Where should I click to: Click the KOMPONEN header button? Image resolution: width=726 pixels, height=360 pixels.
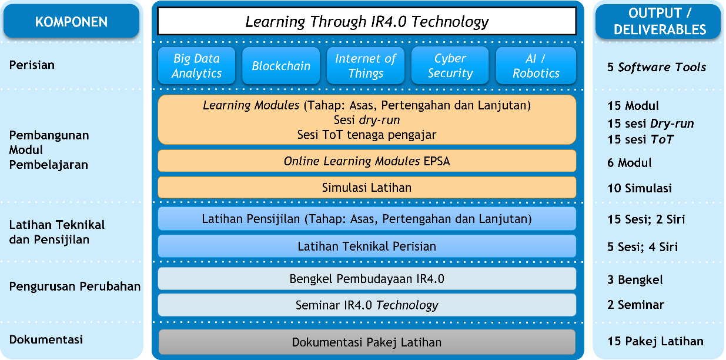[x=71, y=21]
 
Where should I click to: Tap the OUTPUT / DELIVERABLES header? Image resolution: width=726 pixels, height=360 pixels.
[x=658, y=21]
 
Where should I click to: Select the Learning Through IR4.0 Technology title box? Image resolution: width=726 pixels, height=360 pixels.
[x=367, y=21]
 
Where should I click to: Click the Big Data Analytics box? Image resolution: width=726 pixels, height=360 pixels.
[x=196, y=66]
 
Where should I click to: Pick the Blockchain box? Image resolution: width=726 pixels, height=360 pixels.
[x=281, y=66]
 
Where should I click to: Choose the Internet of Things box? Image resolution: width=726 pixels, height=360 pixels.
[x=366, y=66]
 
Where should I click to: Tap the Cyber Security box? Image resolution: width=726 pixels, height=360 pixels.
[x=450, y=66]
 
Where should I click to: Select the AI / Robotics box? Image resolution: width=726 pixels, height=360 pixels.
[x=536, y=66]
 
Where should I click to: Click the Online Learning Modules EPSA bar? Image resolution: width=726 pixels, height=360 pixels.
[x=367, y=161]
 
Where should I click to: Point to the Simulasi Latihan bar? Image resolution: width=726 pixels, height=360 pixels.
[x=367, y=188]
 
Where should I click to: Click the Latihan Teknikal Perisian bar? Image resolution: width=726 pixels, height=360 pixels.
[x=367, y=246]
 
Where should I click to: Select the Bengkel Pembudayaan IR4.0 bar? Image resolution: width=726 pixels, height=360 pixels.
[x=367, y=279]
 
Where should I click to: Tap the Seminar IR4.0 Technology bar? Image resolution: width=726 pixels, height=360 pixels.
[x=367, y=305]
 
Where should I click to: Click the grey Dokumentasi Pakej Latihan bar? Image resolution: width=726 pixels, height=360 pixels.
[x=367, y=342]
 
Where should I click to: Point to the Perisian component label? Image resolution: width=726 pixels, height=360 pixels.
[x=32, y=65]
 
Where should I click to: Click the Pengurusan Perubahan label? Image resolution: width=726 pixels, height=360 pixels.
[x=75, y=286]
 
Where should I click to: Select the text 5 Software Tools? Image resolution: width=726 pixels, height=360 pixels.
[x=657, y=68]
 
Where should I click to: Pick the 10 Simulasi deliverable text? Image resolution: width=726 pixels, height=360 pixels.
[x=640, y=188]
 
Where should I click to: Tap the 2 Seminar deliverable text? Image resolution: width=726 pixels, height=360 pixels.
[x=635, y=305]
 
